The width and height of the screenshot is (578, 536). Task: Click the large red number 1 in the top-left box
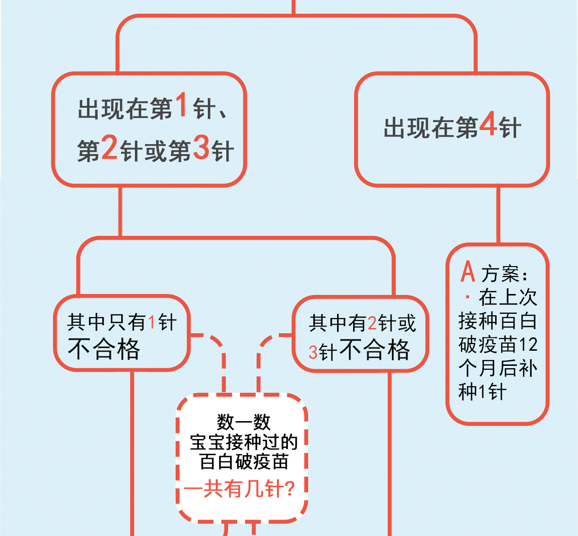[181, 104]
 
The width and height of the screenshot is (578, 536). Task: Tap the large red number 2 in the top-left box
[109, 147]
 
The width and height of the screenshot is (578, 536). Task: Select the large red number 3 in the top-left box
[201, 147]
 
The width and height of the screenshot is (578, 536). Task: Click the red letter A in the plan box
[468, 271]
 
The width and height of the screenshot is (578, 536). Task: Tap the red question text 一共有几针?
[240, 489]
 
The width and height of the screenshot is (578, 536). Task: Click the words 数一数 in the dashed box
[243, 422]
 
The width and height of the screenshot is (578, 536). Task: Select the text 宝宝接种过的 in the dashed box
[243, 442]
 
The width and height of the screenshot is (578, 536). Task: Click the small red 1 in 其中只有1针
[151, 323]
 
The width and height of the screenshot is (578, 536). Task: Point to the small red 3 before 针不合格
[313, 352]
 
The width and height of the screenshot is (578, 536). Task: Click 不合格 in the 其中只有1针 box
[104, 349]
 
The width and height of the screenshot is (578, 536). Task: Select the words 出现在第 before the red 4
[431, 128]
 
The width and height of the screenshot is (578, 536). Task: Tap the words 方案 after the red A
[501, 274]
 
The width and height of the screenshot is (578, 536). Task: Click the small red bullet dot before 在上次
[468, 297]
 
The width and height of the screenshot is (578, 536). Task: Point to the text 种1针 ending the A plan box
[482, 392]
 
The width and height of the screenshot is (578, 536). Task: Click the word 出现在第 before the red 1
[125, 109]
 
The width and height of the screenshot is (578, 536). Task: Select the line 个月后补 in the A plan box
[498, 368]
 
